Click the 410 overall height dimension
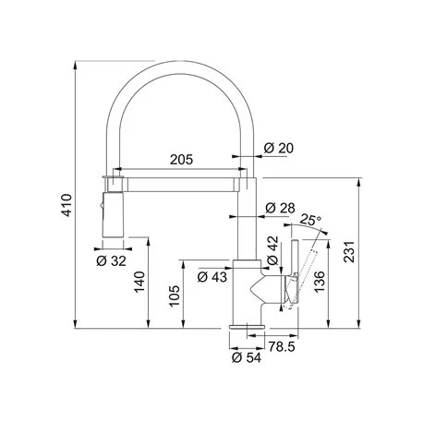pos(67,205)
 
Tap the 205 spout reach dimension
pos(181,160)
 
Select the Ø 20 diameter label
pos(279,149)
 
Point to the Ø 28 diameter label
pos(280,209)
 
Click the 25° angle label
pos(310,220)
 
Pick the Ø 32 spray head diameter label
pos(111,261)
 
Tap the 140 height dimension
pos(139,282)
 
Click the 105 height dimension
pos(175,296)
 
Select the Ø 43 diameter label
pos(212,277)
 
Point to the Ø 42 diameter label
pos(272,250)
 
